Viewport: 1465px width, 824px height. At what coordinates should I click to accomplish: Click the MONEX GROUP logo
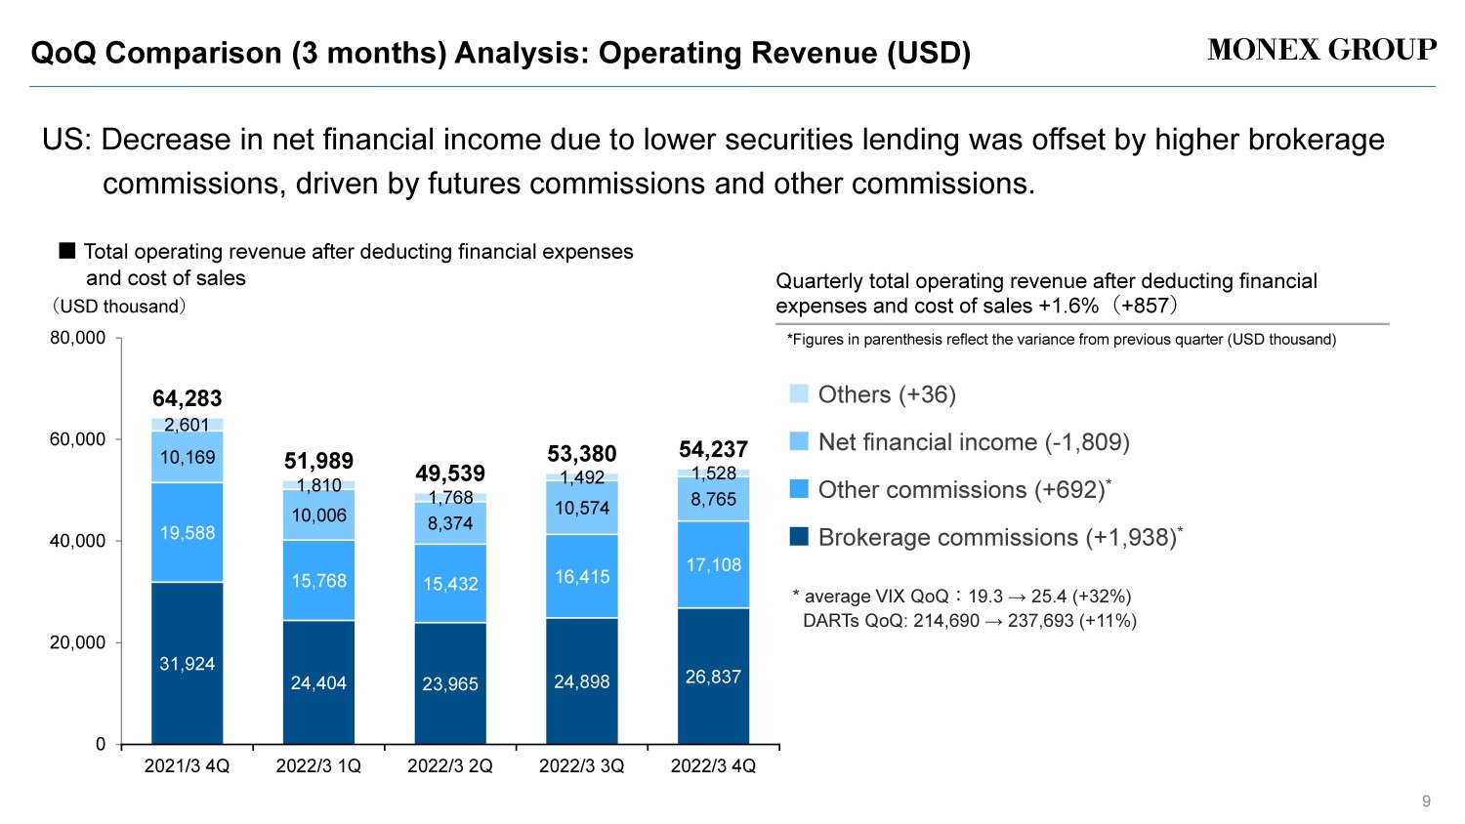click(1321, 50)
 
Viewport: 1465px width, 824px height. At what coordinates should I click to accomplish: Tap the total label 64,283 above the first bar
click(188, 398)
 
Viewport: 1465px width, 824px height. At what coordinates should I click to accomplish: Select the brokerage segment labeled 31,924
click(188, 664)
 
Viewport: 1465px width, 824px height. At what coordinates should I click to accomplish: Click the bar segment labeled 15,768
click(318, 581)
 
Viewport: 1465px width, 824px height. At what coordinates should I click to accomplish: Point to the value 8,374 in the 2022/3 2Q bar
click(450, 523)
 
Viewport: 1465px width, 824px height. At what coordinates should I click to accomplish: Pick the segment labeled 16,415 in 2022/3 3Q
click(582, 577)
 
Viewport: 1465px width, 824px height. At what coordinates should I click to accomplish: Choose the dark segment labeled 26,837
click(713, 677)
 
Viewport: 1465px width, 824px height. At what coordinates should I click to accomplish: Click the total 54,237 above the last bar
click(713, 449)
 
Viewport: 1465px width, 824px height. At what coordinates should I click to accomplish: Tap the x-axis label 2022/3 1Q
click(318, 766)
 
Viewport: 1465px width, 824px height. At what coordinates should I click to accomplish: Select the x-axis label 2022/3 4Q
click(713, 766)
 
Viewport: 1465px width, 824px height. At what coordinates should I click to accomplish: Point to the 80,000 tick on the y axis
click(78, 338)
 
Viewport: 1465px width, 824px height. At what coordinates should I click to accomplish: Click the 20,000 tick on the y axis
click(78, 642)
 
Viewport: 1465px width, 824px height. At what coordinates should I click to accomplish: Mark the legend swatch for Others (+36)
click(799, 393)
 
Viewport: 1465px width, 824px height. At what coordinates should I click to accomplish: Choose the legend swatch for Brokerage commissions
click(799, 536)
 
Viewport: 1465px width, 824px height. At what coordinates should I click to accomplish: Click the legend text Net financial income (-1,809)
click(974, 442)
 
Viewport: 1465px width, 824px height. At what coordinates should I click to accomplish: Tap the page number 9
click(1426, 802)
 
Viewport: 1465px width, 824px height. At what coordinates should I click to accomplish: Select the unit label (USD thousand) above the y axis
click(118, 307)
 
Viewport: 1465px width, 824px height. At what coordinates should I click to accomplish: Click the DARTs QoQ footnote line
click(969, 621)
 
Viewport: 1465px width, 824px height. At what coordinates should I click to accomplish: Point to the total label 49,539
click(450, 474)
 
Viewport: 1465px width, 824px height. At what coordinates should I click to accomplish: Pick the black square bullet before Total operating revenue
click(67, 251)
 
